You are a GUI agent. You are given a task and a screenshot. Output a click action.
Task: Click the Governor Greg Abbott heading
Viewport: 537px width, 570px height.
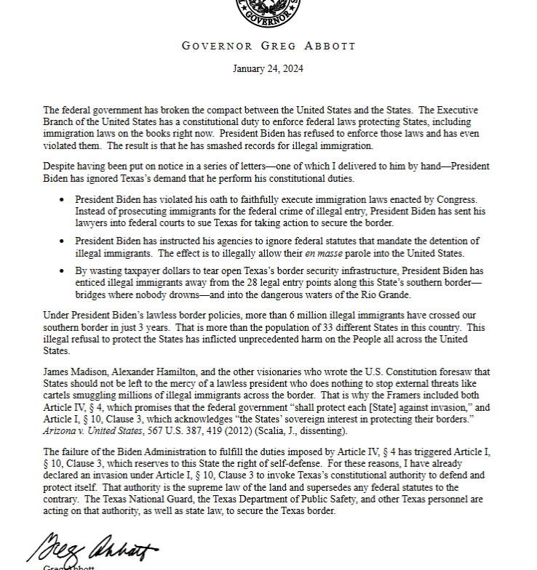pos(268,46)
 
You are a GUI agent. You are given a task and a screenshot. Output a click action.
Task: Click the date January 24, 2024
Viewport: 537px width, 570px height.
pos(268,69)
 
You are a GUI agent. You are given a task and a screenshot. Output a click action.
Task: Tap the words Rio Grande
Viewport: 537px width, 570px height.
pos(392,295)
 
